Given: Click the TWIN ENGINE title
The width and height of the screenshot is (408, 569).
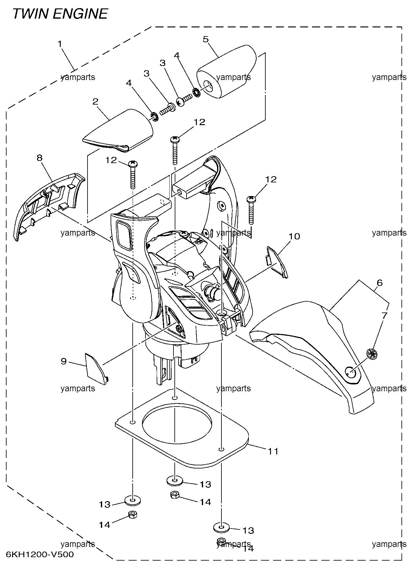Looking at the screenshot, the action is (60, 14).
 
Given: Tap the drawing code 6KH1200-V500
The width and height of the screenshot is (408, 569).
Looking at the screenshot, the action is (40, 554).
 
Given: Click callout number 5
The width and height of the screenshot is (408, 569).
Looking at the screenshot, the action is (206, 39).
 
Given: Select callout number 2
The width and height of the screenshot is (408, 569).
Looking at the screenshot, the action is (96, 101).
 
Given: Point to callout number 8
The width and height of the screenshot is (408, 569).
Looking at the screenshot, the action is (39, 158).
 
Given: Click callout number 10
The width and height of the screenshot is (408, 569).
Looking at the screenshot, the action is (294, 237).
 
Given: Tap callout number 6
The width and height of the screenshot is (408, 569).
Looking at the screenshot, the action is (379, 283).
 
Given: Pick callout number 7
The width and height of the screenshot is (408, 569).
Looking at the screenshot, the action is (384, 316).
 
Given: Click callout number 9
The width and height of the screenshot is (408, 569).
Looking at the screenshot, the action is (64, 361).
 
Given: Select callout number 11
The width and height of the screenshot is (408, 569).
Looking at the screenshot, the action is (273, 451).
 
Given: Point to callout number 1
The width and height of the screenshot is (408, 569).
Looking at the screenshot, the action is (60, 44).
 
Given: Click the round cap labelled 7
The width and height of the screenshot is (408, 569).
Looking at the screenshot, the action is (372, 354).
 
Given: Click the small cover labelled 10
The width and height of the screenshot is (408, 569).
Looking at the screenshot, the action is (277, 261).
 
